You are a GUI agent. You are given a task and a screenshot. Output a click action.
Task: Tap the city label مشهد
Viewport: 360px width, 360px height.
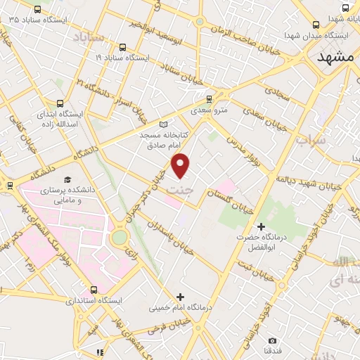pos(335,57)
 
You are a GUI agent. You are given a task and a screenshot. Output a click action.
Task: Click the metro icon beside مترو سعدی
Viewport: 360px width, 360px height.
pos(194,110)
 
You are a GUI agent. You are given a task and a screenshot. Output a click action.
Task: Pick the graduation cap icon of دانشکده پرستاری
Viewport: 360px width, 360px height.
pos(68,180)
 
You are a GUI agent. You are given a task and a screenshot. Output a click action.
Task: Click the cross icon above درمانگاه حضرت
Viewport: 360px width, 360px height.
pos(261,226)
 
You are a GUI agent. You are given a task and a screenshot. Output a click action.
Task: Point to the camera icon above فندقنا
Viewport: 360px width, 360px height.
pos(272,340)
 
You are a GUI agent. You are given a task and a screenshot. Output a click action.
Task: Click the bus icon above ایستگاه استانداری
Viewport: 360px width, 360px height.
pos(94,290)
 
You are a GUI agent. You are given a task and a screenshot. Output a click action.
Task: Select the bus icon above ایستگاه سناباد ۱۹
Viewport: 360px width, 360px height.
pos(123,48)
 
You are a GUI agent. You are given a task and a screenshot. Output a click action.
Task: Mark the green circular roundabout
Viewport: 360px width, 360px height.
pos(119,238)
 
